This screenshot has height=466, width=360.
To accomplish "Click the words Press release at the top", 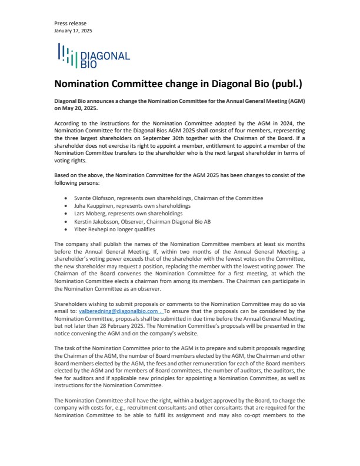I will tap(69, 24).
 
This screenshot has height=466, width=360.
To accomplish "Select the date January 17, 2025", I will tap(73, 31).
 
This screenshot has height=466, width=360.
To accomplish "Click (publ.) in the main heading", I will tap(286, 84).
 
